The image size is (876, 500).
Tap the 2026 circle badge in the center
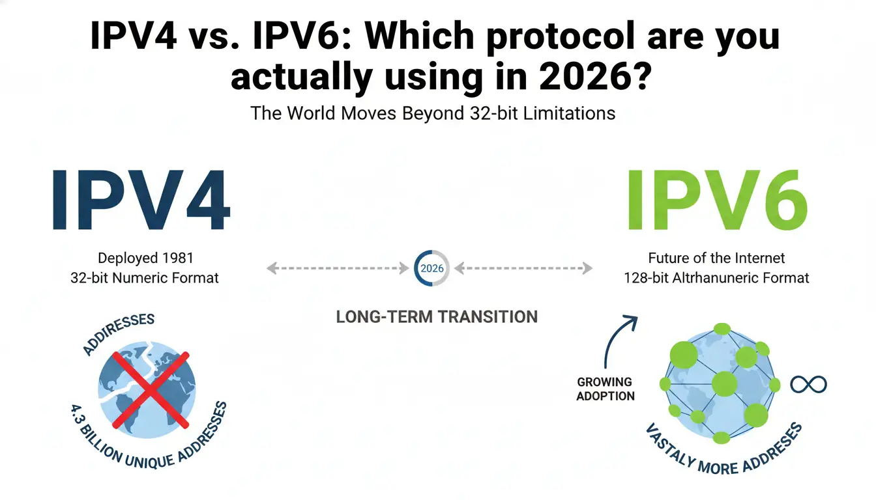coord(431,268)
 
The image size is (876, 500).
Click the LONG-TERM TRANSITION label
coord(437,317)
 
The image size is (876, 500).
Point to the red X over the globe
coord(151,389)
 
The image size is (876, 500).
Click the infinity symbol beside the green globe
coord(808,384)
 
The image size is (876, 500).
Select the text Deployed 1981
coord(145,258)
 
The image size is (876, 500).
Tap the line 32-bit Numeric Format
coord(145,278)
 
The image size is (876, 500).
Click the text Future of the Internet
coord(716,258)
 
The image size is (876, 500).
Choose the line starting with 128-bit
coord(716,278)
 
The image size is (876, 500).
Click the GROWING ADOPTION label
coord(605,389)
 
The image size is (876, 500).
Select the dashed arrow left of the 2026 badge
coord(337,268)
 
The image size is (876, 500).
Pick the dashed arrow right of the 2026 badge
coord(524,268)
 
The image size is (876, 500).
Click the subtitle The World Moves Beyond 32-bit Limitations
coord(433,113)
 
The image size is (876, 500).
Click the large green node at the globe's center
coord(724,384)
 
